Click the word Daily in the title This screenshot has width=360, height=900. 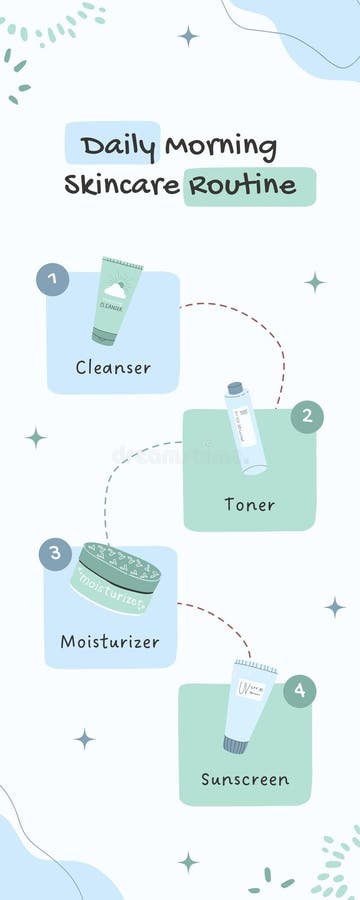point(118,146)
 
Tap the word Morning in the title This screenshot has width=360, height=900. point(220,146)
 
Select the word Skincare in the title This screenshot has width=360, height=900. point(122,185)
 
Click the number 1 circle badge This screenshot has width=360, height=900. point(52,279)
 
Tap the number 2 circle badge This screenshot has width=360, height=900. point(307,416)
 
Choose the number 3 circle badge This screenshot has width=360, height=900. point(54,554)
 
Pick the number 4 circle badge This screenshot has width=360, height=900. point(299,691)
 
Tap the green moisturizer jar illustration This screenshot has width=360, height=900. point(116,578)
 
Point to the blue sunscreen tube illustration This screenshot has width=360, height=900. point(246,705)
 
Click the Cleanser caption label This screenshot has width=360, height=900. point(113,367)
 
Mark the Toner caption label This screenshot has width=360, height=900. point(249,504)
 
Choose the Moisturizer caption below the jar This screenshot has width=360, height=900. point(110,641)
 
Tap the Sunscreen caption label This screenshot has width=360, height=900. point(245,779)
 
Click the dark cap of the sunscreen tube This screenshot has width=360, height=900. point(236,745)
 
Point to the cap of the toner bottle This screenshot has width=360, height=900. point(235,388)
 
